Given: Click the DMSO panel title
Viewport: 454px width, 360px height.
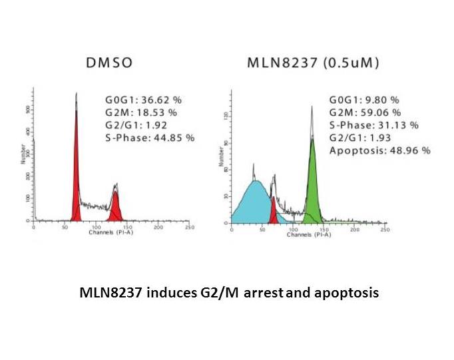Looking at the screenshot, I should [110, 64].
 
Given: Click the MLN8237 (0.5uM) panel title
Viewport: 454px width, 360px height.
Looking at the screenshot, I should [314, 64].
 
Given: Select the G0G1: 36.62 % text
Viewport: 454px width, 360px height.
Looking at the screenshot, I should [143, 100].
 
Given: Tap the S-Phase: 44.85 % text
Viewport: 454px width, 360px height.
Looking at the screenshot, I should [149, 138].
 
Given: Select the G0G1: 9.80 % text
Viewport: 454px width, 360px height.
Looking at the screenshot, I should [364, 100].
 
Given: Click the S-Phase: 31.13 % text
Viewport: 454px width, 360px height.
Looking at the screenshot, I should [374, 125].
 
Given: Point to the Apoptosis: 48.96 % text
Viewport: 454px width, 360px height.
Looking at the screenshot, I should [380, 150].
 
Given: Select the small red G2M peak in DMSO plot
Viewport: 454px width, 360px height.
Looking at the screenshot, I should [116, 208].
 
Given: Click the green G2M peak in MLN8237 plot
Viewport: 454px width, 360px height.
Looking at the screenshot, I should [312, 186].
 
